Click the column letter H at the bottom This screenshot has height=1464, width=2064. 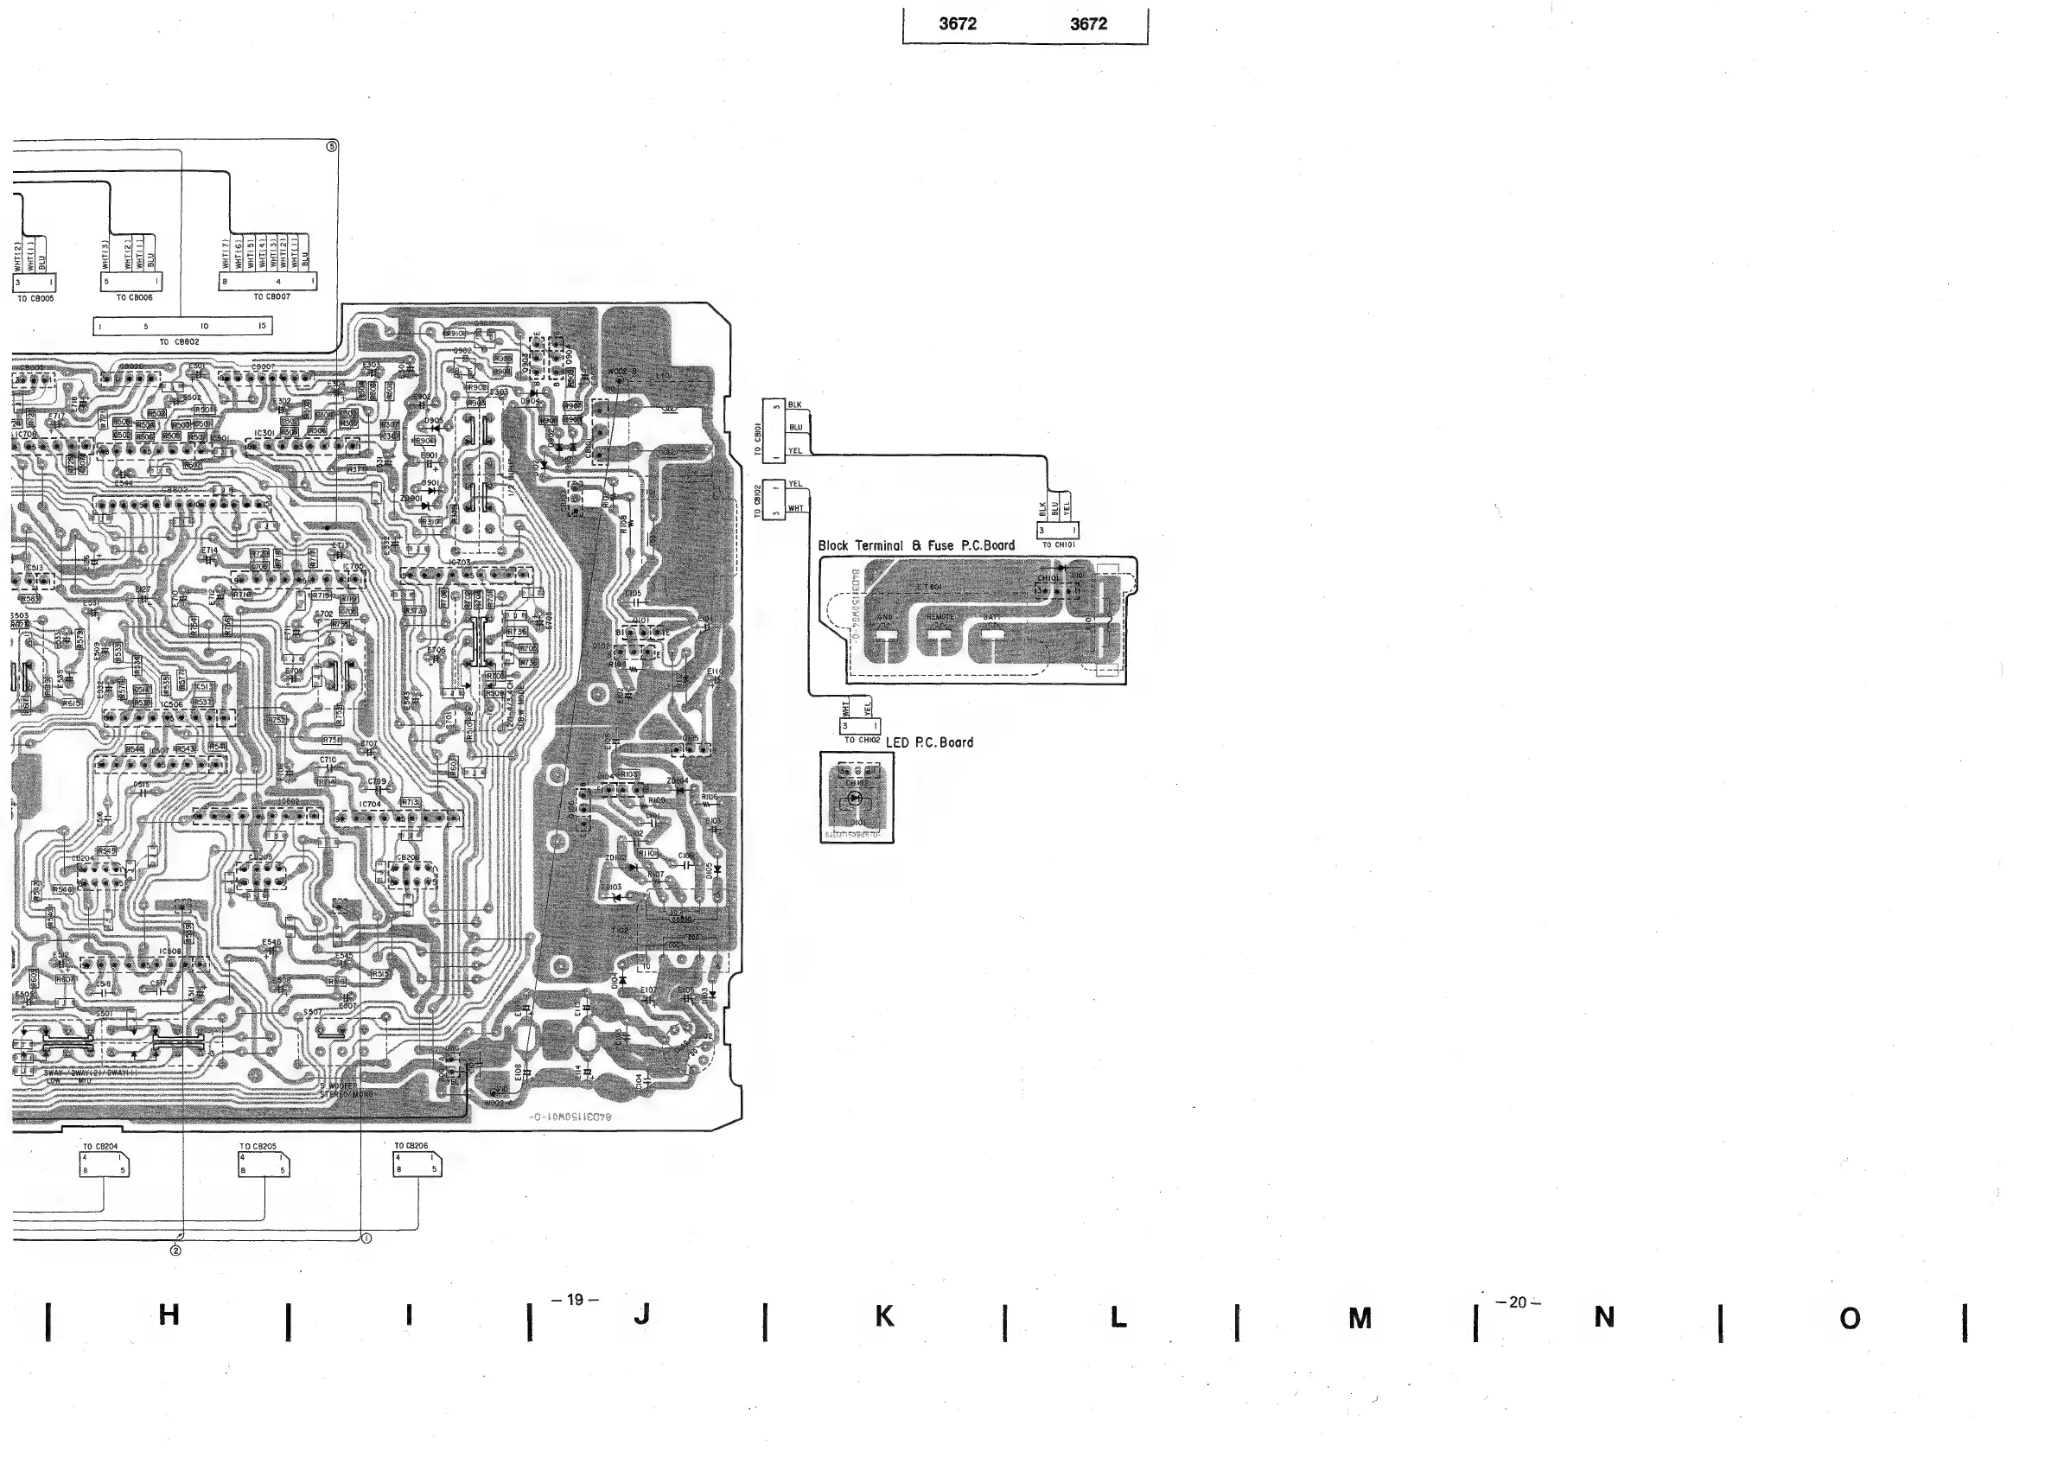169,1315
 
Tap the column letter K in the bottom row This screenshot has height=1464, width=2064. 884,1317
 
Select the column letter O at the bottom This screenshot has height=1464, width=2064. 1850,1320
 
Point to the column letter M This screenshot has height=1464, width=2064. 1360,1320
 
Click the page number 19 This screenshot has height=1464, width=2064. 575,1300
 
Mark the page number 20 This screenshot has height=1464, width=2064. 1518,1302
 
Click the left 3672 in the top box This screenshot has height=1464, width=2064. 957,24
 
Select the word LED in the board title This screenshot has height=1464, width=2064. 898,743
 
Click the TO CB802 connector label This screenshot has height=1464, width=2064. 180,342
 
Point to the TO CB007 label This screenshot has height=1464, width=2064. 271,296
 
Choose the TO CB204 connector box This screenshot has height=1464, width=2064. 104,1165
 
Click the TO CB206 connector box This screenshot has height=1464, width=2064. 417,1165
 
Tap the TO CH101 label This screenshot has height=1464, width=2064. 1058,545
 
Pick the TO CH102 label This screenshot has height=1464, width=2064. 862,740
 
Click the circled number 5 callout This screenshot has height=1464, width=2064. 332,146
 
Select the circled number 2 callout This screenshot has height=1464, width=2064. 175,1251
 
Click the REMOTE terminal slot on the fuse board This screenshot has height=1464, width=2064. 940,634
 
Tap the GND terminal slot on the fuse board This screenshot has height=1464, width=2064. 886,634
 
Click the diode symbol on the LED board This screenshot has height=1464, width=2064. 857,798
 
